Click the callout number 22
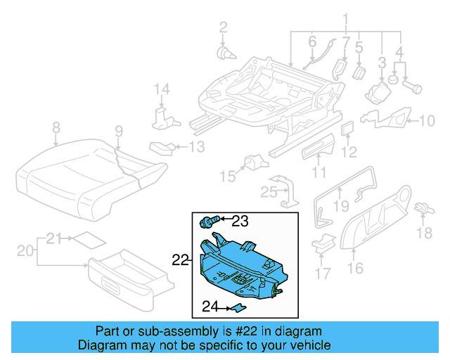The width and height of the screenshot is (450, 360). (x=180, y=259)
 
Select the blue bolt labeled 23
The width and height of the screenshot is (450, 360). (x=208, y=221)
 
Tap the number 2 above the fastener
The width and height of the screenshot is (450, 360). (x=224, y=27)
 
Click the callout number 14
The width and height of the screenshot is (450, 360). (x=162, y=89)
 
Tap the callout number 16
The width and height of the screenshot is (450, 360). (x=354, y=267)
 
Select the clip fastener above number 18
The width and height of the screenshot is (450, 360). (x=423, y=208)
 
